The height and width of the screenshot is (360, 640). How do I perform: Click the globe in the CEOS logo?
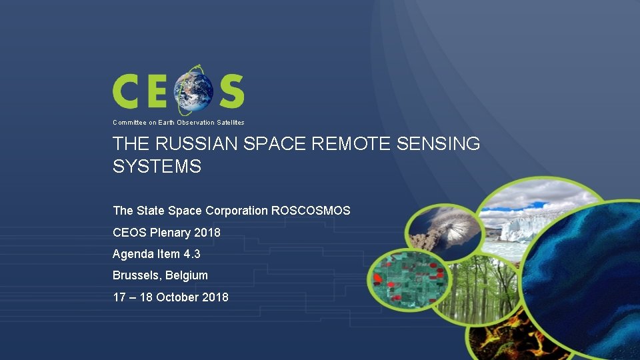194,91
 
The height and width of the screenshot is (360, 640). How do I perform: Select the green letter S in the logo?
231,91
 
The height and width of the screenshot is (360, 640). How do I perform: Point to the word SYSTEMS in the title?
157,167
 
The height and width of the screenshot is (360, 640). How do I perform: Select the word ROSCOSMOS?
311,211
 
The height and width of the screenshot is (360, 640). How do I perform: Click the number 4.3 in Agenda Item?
192,254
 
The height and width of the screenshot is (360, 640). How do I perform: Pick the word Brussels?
137,275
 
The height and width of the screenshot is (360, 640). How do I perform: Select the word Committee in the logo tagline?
128,123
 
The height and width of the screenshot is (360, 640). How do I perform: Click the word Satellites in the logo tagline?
230,123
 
